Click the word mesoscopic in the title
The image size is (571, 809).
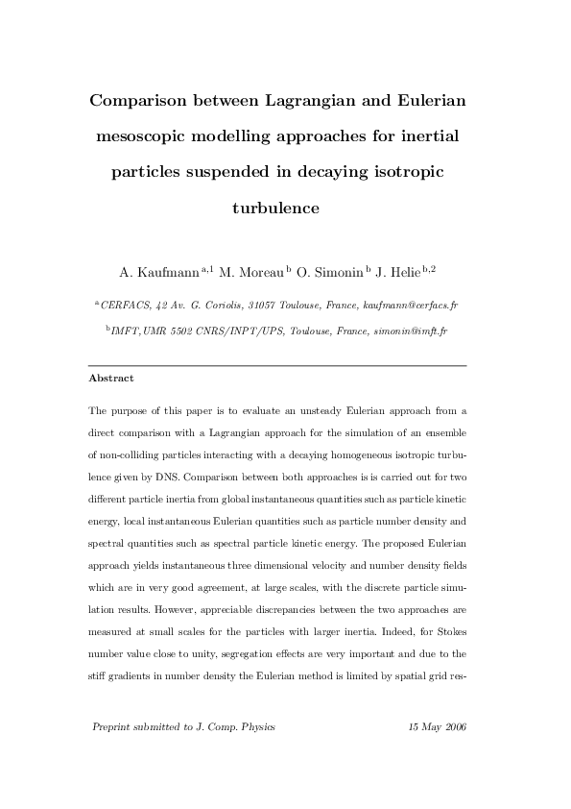click(x=150, y=136)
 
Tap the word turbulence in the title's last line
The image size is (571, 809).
click(x=276, y=207)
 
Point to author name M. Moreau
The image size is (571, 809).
click(x=252, y=272)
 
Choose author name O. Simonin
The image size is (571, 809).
click(x=331, y=272)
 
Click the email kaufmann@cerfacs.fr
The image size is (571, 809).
click(x=410, y=305)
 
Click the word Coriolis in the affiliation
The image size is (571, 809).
click(x=213, y=305)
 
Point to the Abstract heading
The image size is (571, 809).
click(x=110, y=379)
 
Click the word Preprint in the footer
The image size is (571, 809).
click(x=114, y=726)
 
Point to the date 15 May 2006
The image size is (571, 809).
click(x=437, y=726)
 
